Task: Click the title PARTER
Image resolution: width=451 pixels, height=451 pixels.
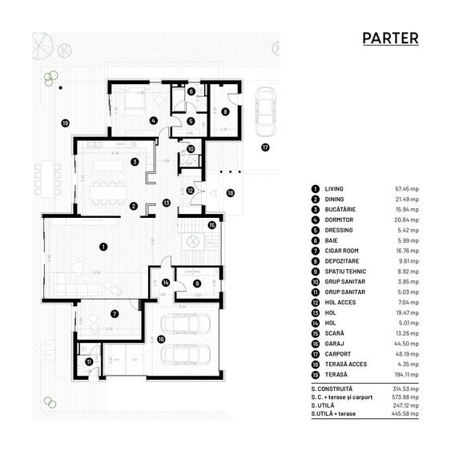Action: (389, 38)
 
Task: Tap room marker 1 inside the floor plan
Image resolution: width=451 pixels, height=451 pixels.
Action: (103, 248)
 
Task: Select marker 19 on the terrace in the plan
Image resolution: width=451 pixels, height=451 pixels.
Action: (66, 123)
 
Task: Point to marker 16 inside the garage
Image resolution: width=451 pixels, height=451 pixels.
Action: (161, 339)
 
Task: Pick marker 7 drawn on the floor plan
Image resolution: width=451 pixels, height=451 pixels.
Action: (115, 314)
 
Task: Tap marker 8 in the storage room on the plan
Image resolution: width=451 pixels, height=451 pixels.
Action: (225, 111)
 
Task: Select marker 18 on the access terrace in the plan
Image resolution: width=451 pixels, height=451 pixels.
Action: (231, 193)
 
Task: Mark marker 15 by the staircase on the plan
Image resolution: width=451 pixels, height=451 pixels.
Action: (211, 225)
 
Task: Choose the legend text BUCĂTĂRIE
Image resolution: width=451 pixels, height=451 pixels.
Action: (340, 208)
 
